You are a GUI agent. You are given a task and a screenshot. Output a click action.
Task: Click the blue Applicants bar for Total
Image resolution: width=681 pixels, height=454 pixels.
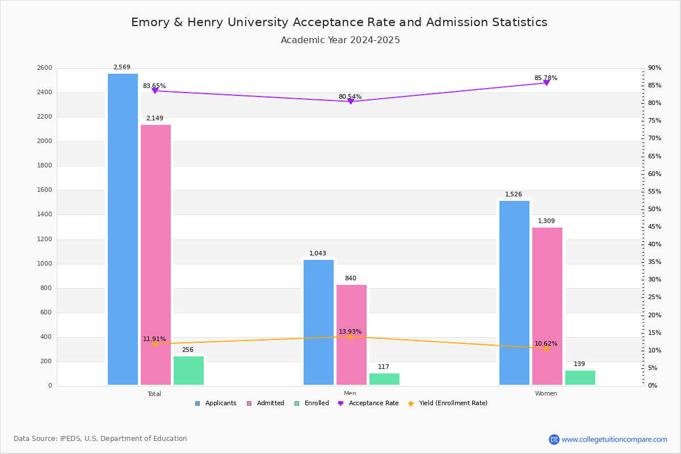tap(123, 229)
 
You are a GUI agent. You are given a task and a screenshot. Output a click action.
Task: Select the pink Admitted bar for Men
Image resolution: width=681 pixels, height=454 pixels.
tap(351, 335)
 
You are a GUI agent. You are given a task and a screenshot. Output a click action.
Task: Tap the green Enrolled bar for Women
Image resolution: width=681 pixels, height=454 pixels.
tap(580, 378)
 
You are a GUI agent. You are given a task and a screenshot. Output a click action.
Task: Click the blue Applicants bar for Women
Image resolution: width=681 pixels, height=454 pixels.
tap(514, 293)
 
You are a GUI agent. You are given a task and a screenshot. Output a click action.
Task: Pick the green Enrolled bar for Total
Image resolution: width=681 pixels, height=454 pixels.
tap(188, 371)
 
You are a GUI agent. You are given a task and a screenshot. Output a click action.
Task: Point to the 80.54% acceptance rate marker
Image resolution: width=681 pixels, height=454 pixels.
tap(351, 102)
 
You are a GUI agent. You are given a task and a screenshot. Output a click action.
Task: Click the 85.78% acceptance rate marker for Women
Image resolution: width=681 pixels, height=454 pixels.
tap(547, 83)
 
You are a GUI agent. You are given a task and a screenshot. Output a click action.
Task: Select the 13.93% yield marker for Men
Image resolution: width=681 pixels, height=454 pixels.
tap(351, 337)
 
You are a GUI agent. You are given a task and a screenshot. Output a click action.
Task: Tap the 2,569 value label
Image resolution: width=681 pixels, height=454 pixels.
tap(122, 68)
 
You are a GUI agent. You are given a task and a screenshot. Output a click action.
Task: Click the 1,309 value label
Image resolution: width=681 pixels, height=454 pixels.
tap(547, 221)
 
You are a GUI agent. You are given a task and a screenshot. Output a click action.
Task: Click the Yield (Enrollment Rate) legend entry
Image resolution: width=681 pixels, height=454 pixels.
tap(453, 403)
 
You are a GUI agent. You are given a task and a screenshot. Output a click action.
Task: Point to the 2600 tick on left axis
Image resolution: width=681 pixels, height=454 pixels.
tap(45, 68)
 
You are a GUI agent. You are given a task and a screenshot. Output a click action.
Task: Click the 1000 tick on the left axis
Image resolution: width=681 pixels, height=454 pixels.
tap(45, 264)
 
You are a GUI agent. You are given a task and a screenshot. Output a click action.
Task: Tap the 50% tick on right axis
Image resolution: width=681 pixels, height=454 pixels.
tap(654, 209)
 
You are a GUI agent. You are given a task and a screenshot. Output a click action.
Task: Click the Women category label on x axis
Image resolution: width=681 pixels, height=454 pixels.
tap(546, 394)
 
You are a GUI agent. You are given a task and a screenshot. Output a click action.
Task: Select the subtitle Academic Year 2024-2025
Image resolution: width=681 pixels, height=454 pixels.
tap(340, 40)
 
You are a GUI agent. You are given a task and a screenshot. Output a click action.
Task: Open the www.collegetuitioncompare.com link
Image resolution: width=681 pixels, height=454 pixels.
tap(614, 439)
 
